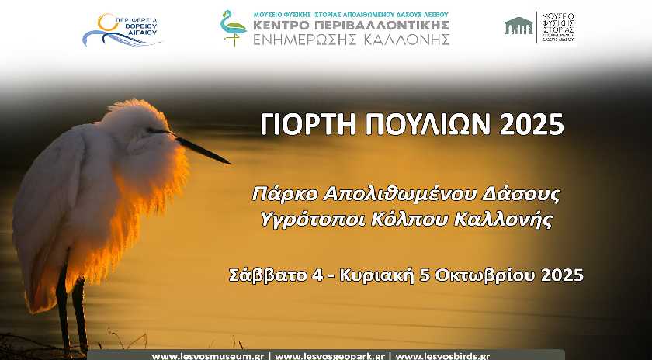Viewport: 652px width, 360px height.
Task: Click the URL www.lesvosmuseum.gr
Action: coord(209,356)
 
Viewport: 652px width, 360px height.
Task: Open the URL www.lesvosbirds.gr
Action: coord(442,356)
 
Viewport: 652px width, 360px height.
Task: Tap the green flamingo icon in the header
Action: coord(233,28)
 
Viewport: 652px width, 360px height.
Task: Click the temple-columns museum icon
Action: coord(518,26)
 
